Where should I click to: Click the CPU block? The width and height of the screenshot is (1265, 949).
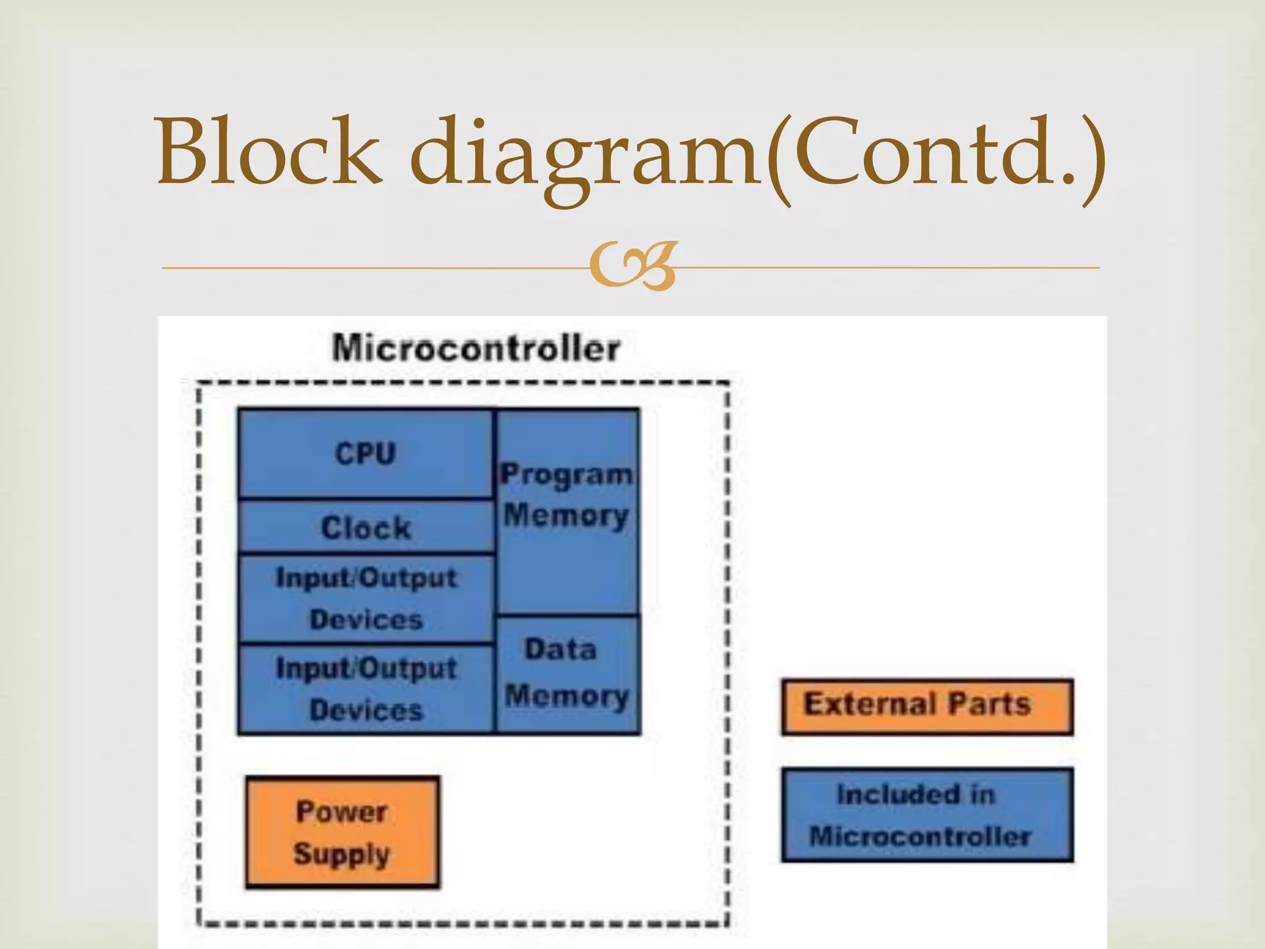coord(365,453)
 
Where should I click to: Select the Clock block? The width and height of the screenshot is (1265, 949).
coord(366,527)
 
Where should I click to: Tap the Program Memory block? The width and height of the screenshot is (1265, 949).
coord(567,512)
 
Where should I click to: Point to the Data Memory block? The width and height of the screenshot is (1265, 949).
coord(567,674)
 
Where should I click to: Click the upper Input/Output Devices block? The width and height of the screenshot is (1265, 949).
coord(366,598)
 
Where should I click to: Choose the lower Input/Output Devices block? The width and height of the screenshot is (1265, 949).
coord(366,689)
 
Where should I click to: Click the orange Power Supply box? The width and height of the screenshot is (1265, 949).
coord(342,832)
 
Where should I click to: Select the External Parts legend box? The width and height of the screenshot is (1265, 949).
coord(927,706)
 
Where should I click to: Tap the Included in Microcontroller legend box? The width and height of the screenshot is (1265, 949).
coord(927,815)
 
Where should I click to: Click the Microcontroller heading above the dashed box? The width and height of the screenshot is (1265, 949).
coord(476,348)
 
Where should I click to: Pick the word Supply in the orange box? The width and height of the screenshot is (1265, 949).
coord(342,855)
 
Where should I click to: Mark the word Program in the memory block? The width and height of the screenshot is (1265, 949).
coord(566,474)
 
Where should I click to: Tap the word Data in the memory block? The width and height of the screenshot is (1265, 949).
coord(560,649)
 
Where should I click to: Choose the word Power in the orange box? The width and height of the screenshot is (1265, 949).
coord(342,811)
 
